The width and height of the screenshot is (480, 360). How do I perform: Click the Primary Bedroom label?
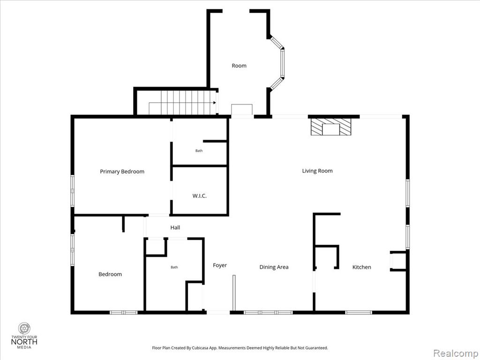(122, 172)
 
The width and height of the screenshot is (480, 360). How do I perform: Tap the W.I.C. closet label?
(200, 195)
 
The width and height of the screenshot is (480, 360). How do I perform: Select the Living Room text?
(317, 171)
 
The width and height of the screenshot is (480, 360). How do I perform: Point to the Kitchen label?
(361, 267)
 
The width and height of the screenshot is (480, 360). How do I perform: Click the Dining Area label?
(274, 267)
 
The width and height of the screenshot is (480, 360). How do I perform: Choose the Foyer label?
(220, 265)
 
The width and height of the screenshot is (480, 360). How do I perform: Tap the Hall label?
(175, 227)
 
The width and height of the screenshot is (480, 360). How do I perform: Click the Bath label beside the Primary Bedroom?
(199, 150)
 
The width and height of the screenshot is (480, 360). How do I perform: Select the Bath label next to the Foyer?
(174, 267)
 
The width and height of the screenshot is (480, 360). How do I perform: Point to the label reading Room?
(239, 66)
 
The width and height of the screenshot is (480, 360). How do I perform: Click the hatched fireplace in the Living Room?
(331, 127)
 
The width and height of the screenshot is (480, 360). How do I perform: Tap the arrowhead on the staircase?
(215, 103)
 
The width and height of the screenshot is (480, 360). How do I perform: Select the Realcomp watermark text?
(456, 353)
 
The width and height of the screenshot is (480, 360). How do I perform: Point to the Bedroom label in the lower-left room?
(110, 274)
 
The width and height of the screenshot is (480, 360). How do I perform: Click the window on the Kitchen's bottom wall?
(359, 313)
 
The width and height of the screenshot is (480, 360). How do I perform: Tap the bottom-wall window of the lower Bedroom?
(123, 313)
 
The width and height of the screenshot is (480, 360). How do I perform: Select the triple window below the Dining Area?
(268, 313)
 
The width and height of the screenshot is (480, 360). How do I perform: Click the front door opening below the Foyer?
(218, 313)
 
